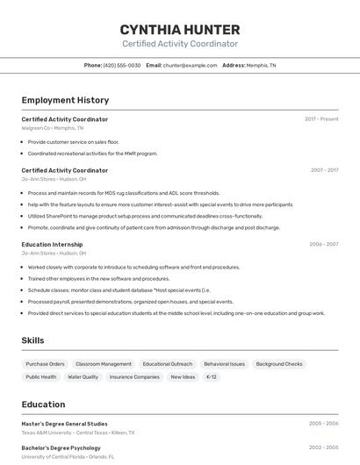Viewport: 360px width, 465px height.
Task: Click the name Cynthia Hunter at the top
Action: pyautogui.click(x=179, y=29)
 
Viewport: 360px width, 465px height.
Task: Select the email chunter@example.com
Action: pyautogui.click(x=189, y=65)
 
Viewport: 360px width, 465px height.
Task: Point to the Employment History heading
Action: pyautogui.click(x=65, y=100)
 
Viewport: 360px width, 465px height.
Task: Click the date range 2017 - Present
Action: pyautogui.click(x=321, y=119)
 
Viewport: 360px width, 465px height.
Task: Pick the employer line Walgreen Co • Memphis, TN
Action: pyautogui.click(x=53, y=128)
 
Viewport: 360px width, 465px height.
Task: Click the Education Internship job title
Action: pyautogui.click(x=52, y=244)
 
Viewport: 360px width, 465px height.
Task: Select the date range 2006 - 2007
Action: pyautogui.click(x=323, y=244)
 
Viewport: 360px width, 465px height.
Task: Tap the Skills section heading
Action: pyautogui.click(x=33, y=340)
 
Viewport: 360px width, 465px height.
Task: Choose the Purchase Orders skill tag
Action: pyautogui.click(x=45, y=363)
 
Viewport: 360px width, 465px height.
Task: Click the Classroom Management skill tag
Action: pyautogui.click(x=104, y=363)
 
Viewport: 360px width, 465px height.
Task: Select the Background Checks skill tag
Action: pyautogui.click(x=279, y=363)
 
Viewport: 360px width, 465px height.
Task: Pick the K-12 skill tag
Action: pyautogui.click(x=211, y=376)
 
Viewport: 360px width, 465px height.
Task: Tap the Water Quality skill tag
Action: pyautogui.click(x=83, y=376)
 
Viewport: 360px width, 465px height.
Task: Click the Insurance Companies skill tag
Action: pyautogui.click(x=134, y=376)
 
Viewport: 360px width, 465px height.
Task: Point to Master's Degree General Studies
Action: pyautogui.click(x=64, y=424)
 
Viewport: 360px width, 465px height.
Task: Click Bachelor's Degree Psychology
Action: pyautogui.click(x=61, y=447)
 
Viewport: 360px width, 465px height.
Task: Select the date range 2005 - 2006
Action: pyautogui.click(x=323, y=424)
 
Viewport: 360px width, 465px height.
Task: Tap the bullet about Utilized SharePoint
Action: pyautogui.click(x=145, y=216)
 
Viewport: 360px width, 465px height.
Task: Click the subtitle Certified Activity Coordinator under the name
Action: pyautogui.click(x=179, y=44)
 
